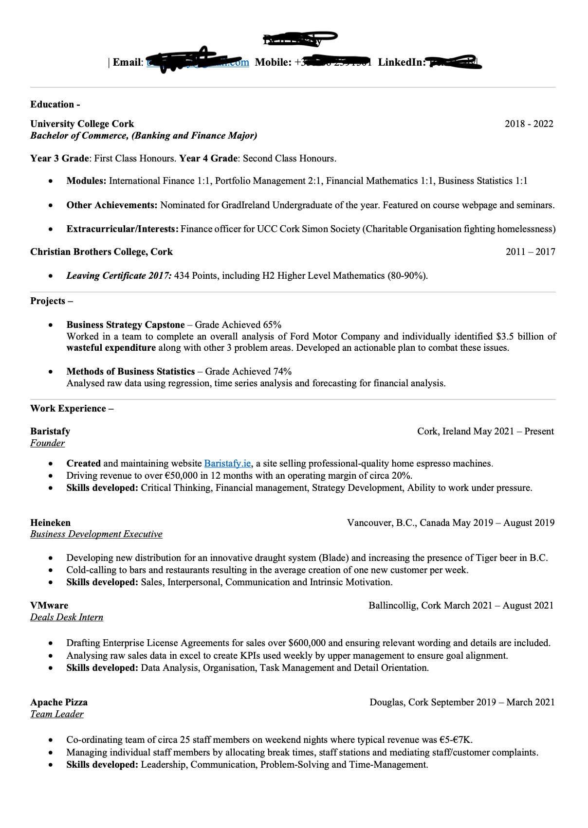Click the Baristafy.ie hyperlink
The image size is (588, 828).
227,464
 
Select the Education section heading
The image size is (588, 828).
52,105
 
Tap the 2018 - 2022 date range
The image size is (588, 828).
529,124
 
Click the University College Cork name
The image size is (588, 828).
82,124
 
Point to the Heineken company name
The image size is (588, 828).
50,523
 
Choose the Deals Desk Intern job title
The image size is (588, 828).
67,617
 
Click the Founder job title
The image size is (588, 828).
47,443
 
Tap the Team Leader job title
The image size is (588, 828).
57,714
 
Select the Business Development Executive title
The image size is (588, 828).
96,534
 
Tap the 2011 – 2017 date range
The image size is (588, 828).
530,252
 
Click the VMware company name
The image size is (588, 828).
49,606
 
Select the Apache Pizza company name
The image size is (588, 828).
59,702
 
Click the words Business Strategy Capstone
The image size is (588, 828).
126,325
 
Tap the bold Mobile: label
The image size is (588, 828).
273,62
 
